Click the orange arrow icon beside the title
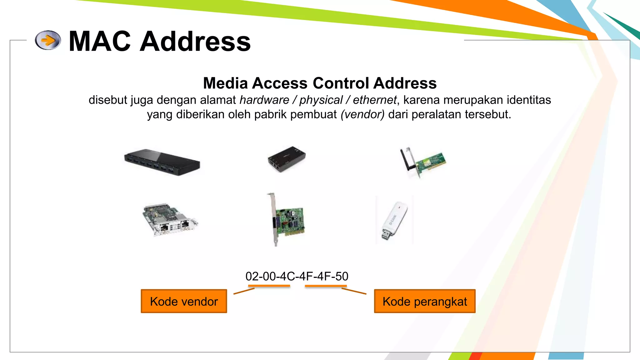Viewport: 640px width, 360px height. (48, 40)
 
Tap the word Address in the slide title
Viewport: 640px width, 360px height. (195, 41)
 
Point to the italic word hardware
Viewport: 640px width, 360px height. (264, 100)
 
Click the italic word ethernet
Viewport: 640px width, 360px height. (374, 100)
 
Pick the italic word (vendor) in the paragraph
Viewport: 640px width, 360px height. (362, 114)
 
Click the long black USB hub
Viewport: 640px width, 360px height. (162, 162)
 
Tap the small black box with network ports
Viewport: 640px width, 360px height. (286, 159)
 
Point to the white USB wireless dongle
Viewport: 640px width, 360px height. (394, 220)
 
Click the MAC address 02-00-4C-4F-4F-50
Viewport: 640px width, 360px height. (297, 276)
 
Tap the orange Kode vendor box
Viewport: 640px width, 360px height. (184, 301)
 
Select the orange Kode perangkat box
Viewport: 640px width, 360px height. (424, 301)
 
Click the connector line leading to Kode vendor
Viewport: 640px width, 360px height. (244, 291)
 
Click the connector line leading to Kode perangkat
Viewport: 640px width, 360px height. (354, 291)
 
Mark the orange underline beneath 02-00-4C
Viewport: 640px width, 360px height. (269, 286)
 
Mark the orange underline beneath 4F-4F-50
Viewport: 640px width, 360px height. (326, 286)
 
